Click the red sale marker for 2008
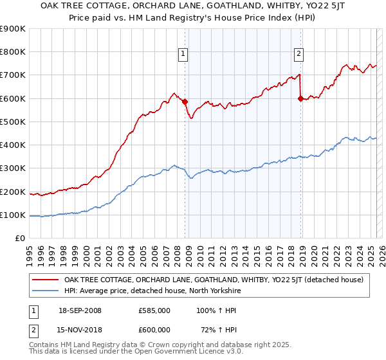click(185, 102)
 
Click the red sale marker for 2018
click(300, 98)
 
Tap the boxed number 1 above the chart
click(184, 54)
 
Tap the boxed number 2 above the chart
click(300, 54)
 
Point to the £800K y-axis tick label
click(13, 52)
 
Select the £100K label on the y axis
click(13, 215)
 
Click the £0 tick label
click(19, 238)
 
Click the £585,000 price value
click(154, 310)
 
